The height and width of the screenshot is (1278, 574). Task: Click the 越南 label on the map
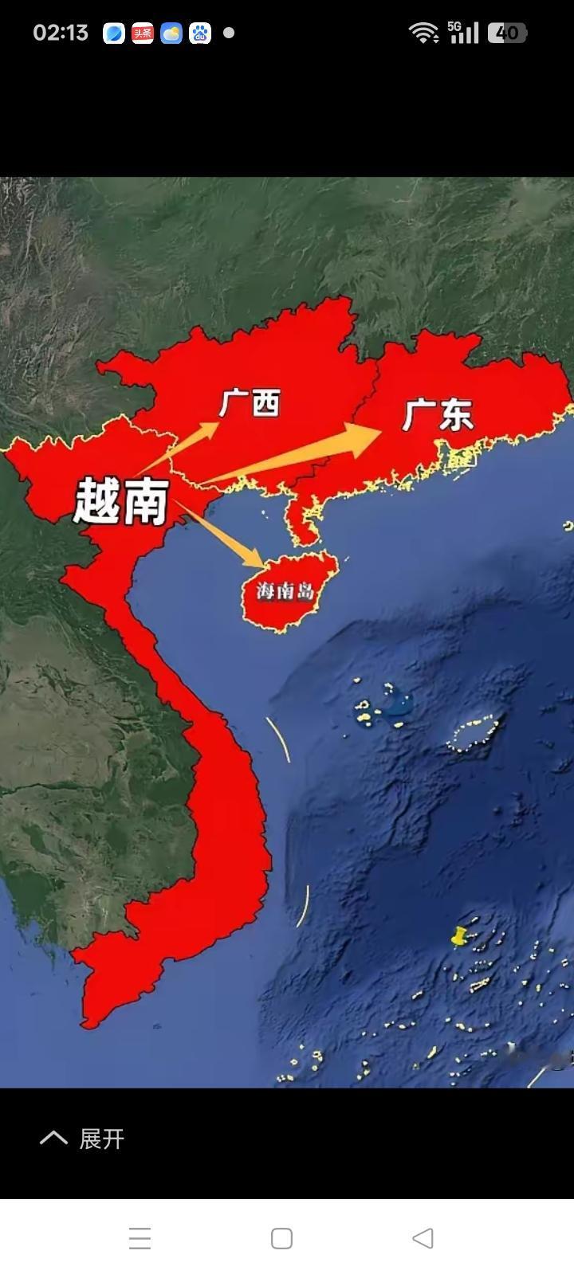click(x=121, y=502)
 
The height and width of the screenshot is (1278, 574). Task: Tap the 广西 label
click(x=250, y=403)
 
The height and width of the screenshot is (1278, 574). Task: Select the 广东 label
click(x=438, y=415)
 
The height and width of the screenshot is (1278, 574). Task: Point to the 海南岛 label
click(x=285, y=591)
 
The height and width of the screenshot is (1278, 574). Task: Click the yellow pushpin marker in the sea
click(x=458, y=936)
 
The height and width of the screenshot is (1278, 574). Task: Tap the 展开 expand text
click(x=102, y=1139)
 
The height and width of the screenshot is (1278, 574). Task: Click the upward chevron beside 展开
click(x=53, y=1138)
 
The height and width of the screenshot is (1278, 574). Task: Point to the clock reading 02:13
click(x=61, y=33)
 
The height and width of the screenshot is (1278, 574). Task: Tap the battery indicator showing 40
click(x=507, y=33)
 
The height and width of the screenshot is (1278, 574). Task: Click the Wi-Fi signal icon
click(x=423, y=33)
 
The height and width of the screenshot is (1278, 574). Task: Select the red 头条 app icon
click(x=143, y=33)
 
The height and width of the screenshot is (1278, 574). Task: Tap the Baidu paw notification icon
click(x=200, y=33)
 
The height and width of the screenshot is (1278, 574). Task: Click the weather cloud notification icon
click(x=171, y=33)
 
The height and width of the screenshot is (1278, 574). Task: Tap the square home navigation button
click(x=281, y=1238)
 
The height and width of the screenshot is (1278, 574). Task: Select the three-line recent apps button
click(x=140, y=1238)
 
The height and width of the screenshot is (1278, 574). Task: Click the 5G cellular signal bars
click(x=464, y=32)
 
